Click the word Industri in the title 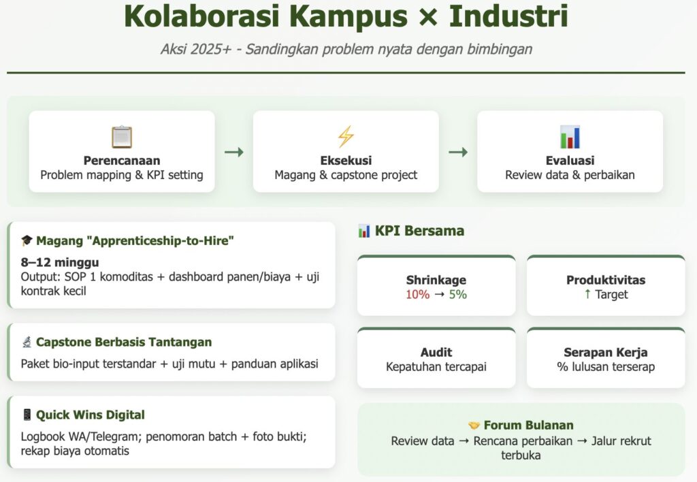pyautogui.click(x=508, y=16)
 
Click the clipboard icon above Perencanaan pyautogui.click(x=122, y=137)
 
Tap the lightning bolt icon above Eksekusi pyautogui.click(x=346, y=136)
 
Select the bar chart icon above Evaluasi pyautogui.click(x=570, y=137)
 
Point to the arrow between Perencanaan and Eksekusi pyautogui.click(x=234, y=152)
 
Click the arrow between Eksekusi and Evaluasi pyautogui.click(x=458, y=152)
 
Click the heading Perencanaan pyautogui.click(x=122, y=161)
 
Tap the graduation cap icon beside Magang pyautogui.click(x=27, y=240)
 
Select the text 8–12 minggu pyautogui.click(x=60, y=262)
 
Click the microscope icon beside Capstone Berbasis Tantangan pyautogui.click(x=27, y=342)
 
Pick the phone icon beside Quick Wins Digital pyautogui.click(x=27, y=415)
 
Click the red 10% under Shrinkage pyautogui.click(x=417, y=294)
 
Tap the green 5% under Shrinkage pyautogui.click(x=458, y=294)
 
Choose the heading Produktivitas pyautogui.click(x=606, y=280)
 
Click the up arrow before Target pyautogui.click(x=587, y=294)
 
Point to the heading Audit pyautogui.click(x=436, y=353)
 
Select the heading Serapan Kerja pyautogui.click(x=606, y=353)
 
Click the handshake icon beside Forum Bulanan pyautogui.click(x=474, y=425)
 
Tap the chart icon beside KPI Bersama pyautogui.click(x=364, y=231)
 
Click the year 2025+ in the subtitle pyautogui.click(x=211, y=49)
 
